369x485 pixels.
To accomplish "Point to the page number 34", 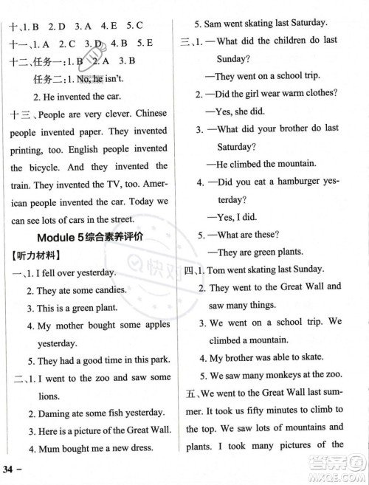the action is coord(12,469).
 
